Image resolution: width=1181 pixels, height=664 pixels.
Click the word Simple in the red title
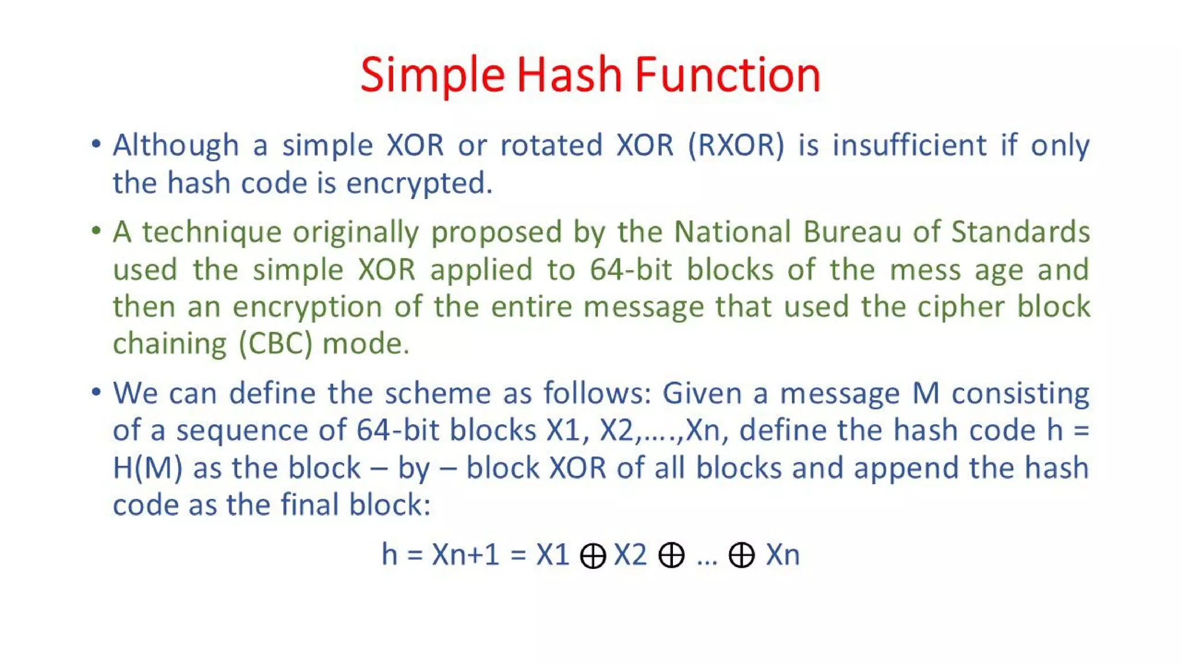point(432,76)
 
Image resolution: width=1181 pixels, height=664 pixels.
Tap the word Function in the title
point(727,76)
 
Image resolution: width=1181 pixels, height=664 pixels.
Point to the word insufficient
point(909,145)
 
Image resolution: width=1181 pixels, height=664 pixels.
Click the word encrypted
point(419,184)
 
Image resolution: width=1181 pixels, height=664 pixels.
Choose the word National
point(732,232)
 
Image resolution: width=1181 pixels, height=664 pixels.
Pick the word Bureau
point(852,232)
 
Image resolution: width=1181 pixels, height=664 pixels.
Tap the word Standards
point(1020,232)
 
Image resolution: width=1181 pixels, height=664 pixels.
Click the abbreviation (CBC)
point(276,344)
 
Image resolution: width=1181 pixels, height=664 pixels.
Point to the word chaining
point(170,344)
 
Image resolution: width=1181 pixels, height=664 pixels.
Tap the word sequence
point(240,431)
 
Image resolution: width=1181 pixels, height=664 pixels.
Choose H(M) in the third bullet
point(148,468)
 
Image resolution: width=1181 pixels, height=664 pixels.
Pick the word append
point(905,468)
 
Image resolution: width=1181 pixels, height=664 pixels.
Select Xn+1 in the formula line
point(465,555)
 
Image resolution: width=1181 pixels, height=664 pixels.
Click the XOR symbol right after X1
point(592,556)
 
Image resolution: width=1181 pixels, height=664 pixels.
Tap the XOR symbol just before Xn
point(741,556)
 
